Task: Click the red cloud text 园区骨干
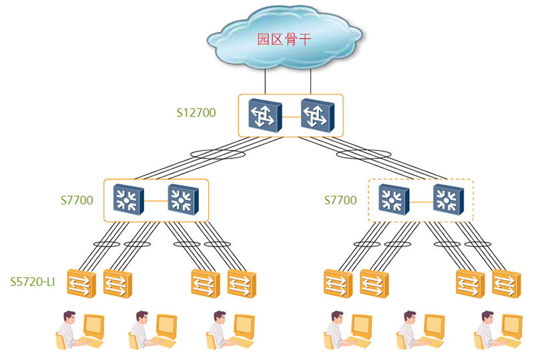[x=284, y=39]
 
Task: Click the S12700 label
[x=196, y=113]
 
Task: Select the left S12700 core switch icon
[x=265, y=116]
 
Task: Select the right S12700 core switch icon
[x=318, y=116]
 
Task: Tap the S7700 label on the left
[x=77, y=200]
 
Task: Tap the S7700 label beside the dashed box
[x=340, y=200]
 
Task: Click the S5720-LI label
[x=32, y=282]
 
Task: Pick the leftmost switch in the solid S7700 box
[x=128, y=200]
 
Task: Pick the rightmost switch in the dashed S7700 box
[x=448, y=200]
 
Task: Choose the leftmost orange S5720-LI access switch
[x=81, y=284]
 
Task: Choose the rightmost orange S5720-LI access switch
[x=507, y=284]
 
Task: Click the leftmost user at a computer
[x=80, y=330]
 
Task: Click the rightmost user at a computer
[x=498, y=330]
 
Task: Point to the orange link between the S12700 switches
[x=291, y=117]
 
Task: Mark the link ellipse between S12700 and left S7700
[x=218, y=154]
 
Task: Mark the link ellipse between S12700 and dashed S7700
[x=363, y=154]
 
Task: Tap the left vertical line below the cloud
[x=265, y=81]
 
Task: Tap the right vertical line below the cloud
[x=310, y=81]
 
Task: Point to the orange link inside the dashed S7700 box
[x=421, y=202]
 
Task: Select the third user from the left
[x=230, y=330]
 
